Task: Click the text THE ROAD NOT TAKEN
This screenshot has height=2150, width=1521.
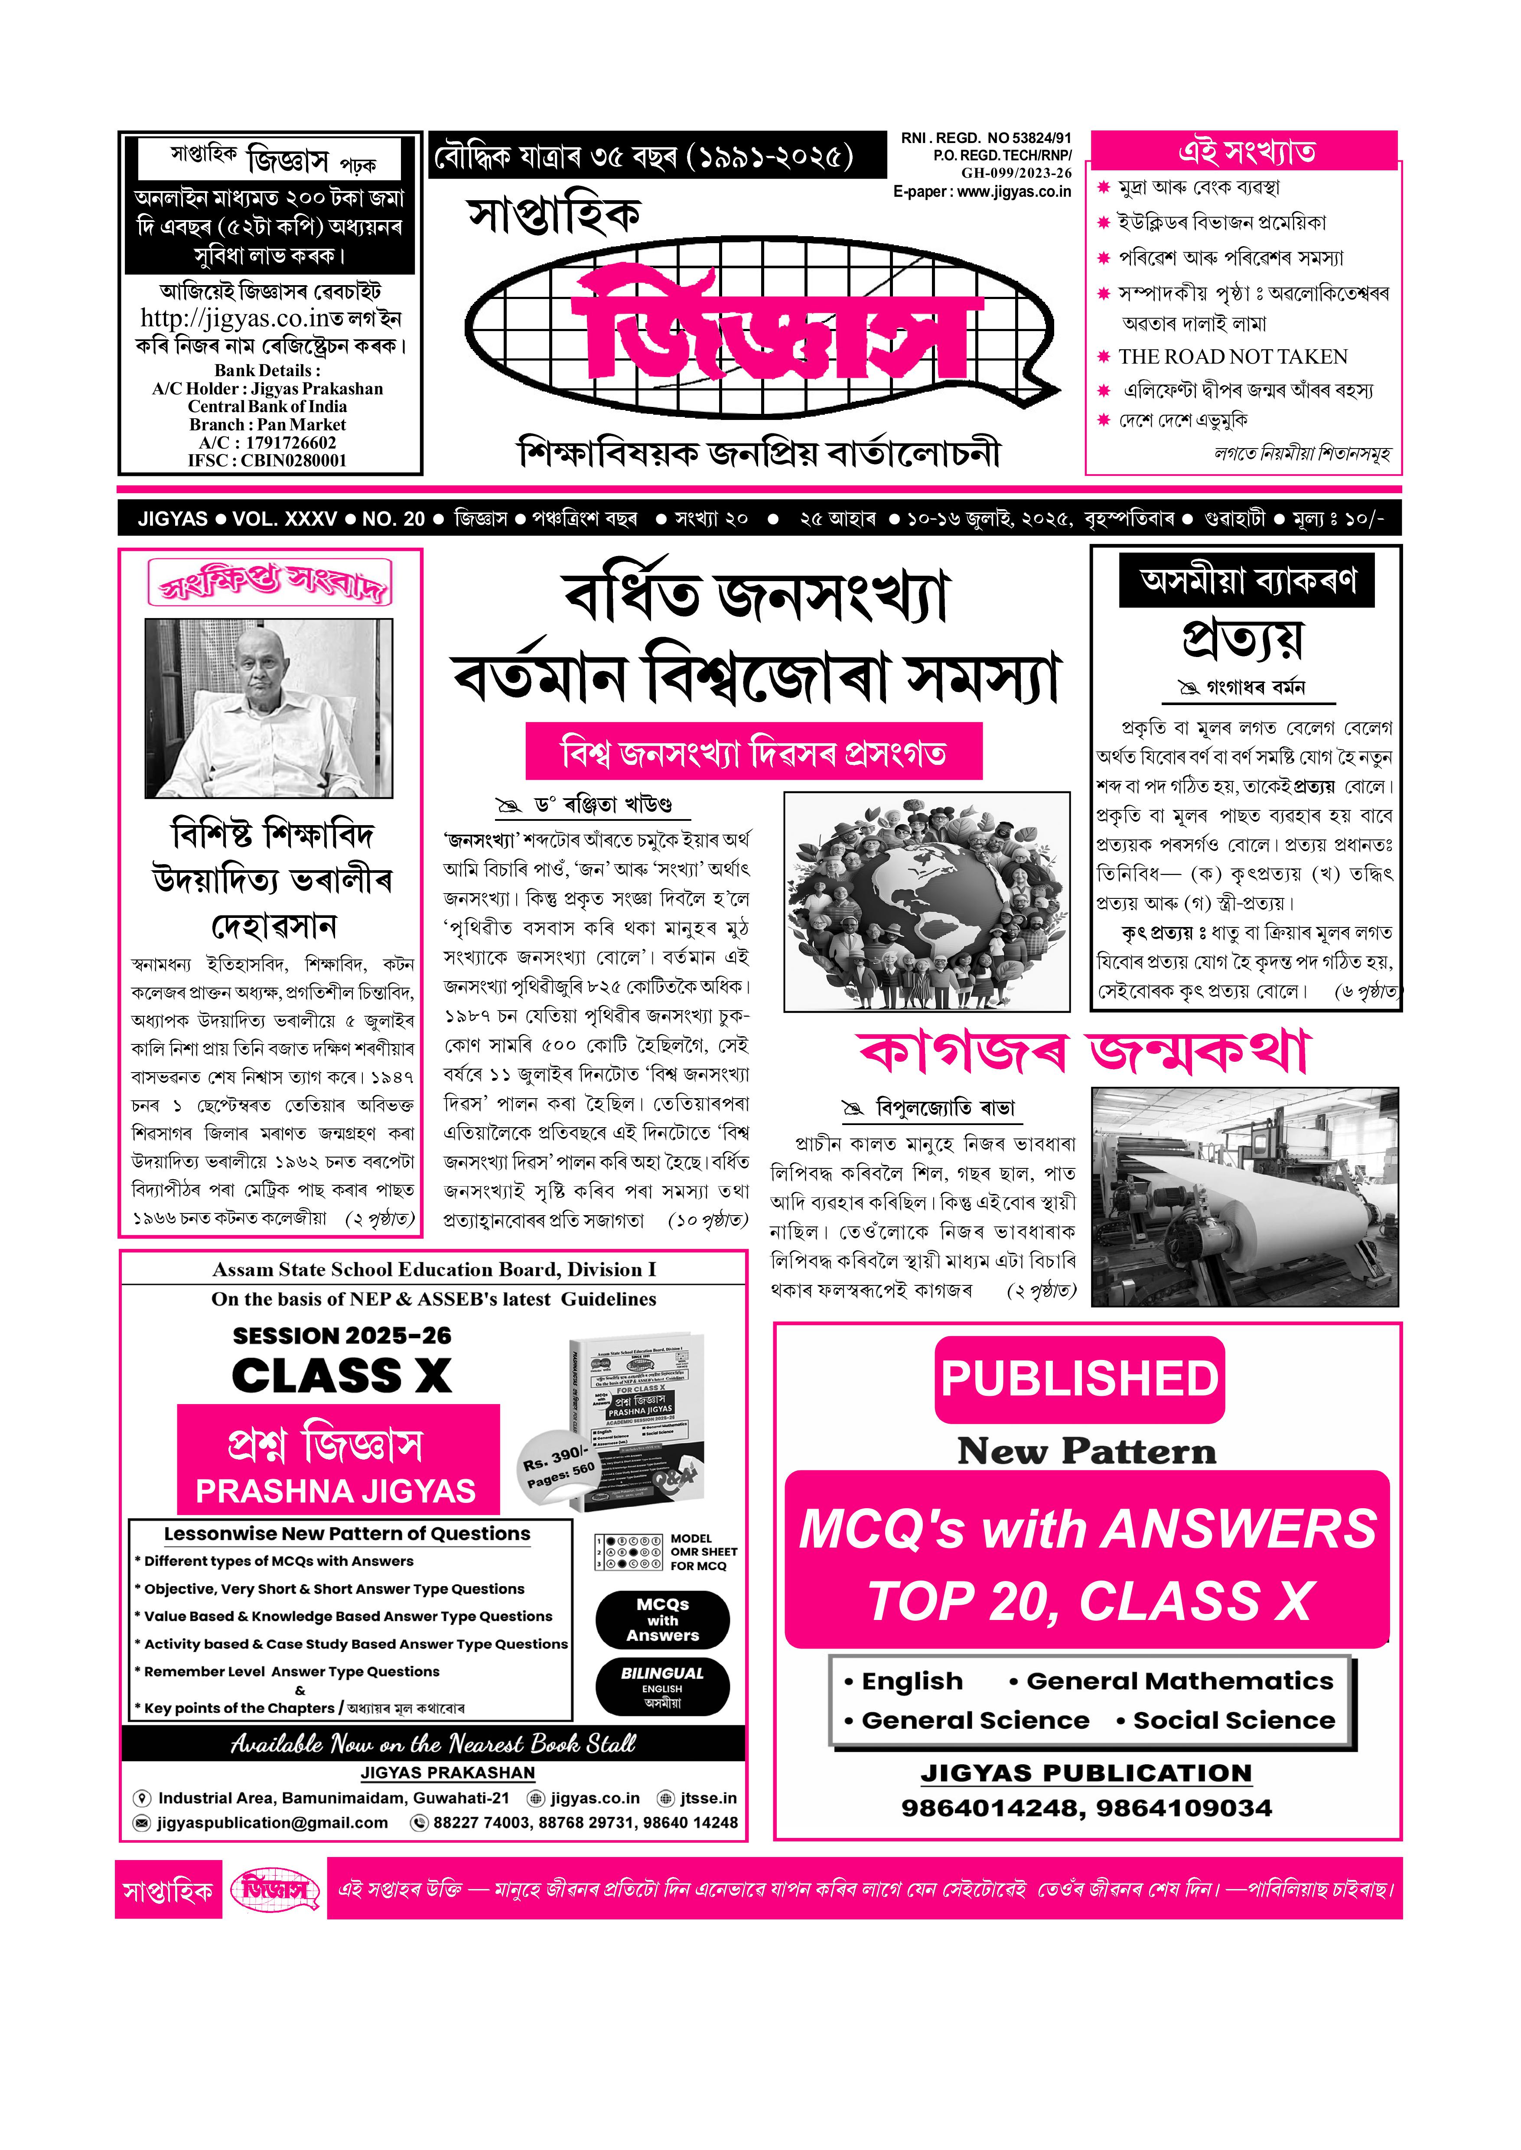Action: click(x=1233, y=357)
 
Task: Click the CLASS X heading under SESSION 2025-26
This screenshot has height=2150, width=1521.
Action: click(x=342, y=1376)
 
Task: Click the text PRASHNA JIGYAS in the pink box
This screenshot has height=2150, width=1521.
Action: click(x=335, y=1492)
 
